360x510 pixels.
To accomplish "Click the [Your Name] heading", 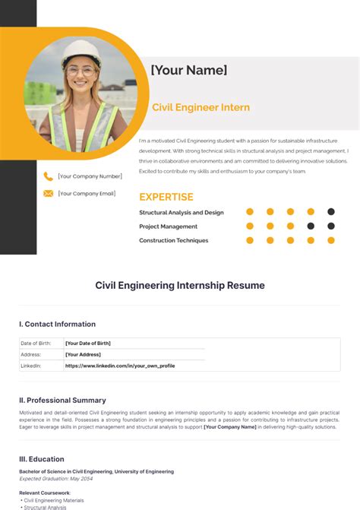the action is tap(189, 70).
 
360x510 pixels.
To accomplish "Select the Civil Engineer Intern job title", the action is tap(201, 108).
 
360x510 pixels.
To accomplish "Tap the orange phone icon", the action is tap(49, 176).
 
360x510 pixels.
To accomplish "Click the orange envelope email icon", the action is tap(49, 194).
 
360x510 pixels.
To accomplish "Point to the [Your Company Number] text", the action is tap(90, 176).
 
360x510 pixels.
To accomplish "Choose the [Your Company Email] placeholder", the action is tap(87, 194).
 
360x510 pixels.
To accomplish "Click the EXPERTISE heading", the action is tap(166, 197).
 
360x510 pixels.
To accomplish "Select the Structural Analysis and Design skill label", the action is tap(182, 213).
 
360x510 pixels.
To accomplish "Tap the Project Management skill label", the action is tap(169, 226).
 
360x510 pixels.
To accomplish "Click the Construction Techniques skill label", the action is tap(174, 240).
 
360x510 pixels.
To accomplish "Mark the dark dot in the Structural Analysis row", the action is tap(331, 212).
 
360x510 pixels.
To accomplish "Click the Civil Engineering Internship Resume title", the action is tap(180, 286).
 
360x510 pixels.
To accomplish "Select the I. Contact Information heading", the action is tap(58, 324).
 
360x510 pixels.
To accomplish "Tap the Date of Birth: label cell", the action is tap(36, 344).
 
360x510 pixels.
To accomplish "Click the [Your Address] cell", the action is tap(83, 354).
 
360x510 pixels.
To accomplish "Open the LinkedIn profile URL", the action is tap(120, 366).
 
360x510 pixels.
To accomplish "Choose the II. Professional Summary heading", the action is tap(63, 400).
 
